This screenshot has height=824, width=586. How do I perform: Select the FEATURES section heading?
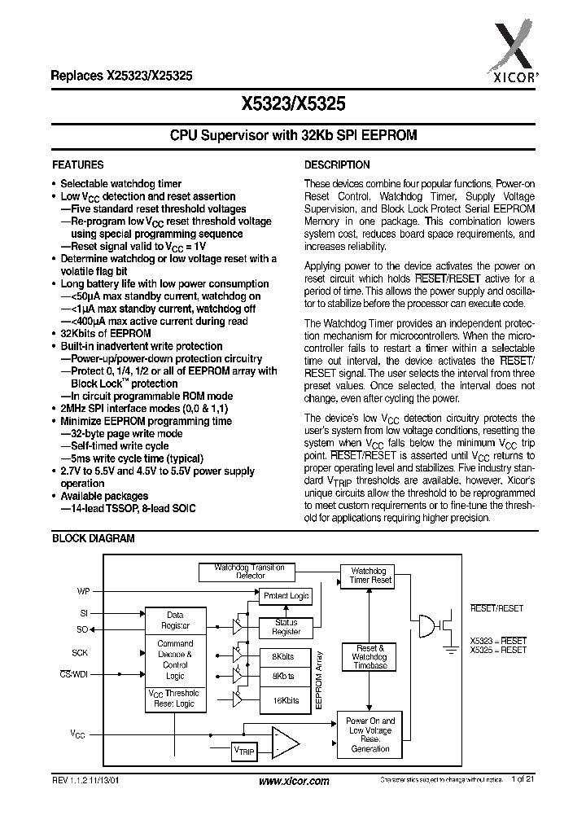[77, 164]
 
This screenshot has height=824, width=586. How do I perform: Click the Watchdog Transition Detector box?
[249, 571]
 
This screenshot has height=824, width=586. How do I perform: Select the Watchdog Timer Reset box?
[370, 576]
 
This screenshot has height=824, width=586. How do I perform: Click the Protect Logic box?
[286, 596]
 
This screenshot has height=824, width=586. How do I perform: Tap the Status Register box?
[286, 627]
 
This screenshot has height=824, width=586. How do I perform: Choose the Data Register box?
[175, 620]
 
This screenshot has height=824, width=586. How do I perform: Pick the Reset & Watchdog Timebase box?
[370, 656]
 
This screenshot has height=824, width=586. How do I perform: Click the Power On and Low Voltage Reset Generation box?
[370, 734]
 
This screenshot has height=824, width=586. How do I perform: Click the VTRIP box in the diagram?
[243, 750]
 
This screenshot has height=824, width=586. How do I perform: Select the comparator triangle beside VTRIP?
[284, 742]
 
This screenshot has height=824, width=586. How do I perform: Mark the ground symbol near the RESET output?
[449, 649]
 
